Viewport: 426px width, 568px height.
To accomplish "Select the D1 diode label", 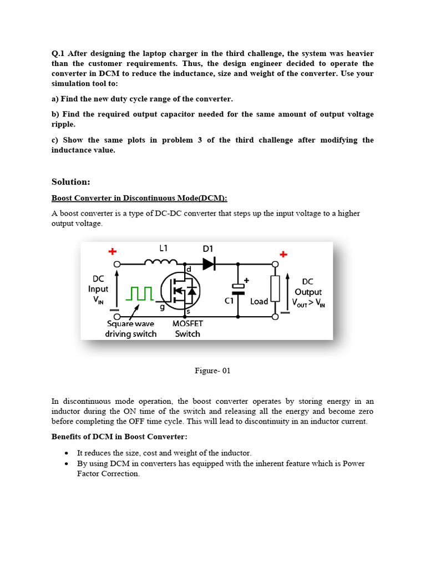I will coord(208,249).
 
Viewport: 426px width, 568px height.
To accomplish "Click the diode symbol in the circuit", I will coord(209,265).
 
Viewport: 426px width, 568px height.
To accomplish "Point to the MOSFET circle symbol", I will coord(180,290).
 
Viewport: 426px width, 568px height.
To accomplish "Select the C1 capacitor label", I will coord(229,301).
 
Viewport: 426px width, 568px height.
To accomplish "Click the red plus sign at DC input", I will coord(112,251).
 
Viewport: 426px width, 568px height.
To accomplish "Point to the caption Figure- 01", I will coord(212,371).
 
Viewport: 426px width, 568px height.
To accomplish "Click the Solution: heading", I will coord(70,182).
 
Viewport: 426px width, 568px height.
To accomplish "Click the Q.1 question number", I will coord(58,54).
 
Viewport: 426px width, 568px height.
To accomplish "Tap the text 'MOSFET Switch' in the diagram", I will coord(187,328).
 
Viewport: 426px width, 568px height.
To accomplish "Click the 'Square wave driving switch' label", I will coord(131,328).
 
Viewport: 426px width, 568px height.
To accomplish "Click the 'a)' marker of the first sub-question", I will coord(56,99).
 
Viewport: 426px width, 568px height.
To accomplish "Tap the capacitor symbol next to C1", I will coord(238,288).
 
